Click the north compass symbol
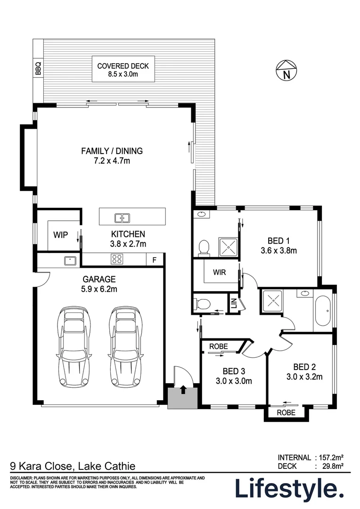point(285,70)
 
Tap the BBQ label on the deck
point(38,69)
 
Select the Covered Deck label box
point(123,70)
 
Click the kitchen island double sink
point(122,218)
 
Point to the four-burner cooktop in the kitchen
point(117,259)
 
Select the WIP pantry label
point(60,234)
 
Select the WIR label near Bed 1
point(220,272)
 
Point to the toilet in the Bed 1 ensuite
point(204,247)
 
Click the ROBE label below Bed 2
point(286,412)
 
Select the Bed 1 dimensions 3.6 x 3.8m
point(278,251)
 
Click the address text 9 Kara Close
point(41,467)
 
